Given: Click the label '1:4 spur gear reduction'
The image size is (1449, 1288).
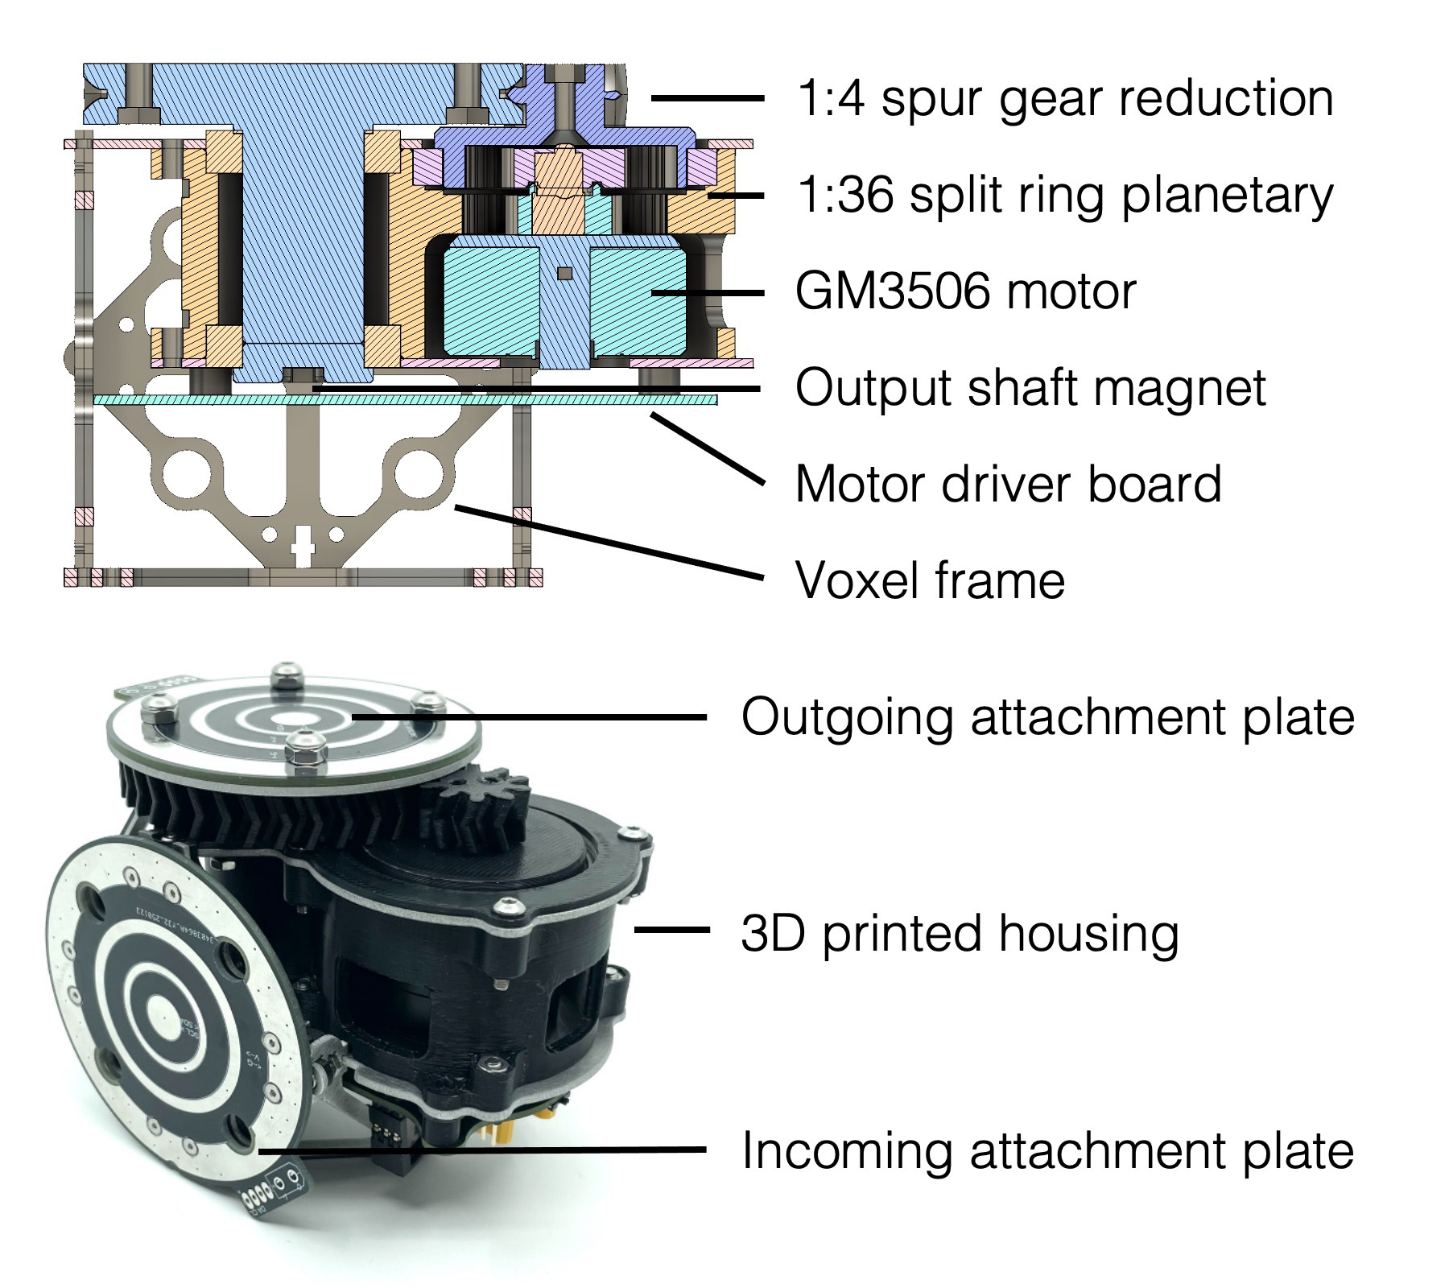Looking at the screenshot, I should pos(1063,98).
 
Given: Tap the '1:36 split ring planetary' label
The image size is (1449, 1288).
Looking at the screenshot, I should pos(1063,196).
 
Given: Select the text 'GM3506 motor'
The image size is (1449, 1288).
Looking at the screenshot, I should pos(965,291).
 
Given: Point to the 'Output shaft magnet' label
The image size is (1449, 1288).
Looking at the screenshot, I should pos(1030,388).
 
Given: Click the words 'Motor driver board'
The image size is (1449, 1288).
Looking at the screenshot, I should pos(1008,484).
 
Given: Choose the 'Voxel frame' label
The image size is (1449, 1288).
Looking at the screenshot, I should pos(930,580).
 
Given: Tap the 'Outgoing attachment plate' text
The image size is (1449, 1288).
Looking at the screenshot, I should pos(1047,716).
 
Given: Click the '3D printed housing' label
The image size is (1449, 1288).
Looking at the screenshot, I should pos(960,933).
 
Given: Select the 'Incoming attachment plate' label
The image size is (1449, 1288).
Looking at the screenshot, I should pos(1047,1150).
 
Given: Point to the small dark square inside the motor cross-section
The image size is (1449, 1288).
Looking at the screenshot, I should pos(565,274).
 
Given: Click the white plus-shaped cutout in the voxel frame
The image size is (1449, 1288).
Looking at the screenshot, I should pos(303,546).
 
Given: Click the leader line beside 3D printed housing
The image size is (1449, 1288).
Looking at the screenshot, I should pos(671,930).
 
